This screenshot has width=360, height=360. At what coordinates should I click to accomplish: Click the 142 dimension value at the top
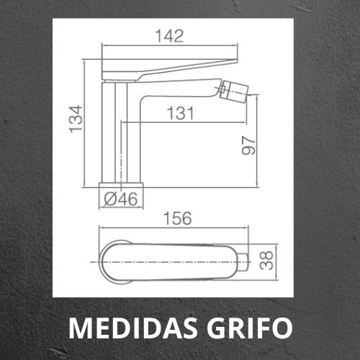pos(169,36)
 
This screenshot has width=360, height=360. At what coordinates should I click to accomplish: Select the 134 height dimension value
pos(76,119)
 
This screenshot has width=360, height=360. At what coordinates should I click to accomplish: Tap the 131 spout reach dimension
pos(180,113)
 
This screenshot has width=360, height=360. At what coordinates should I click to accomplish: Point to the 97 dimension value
pos(248,145)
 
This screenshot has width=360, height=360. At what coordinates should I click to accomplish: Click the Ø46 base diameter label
pos(121,199)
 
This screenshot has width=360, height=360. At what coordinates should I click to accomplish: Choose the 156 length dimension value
pos(178,218)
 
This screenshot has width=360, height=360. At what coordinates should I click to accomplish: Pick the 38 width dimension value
pos(266,261)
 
